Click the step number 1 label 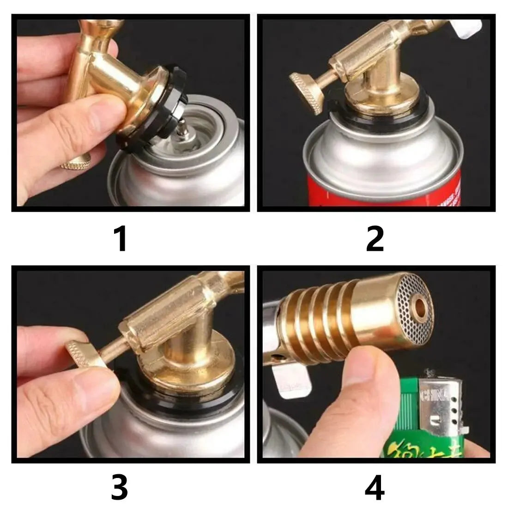pyautogui.click(x=121, y=239)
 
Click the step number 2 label pyautogui.click(x=375, y=239)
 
